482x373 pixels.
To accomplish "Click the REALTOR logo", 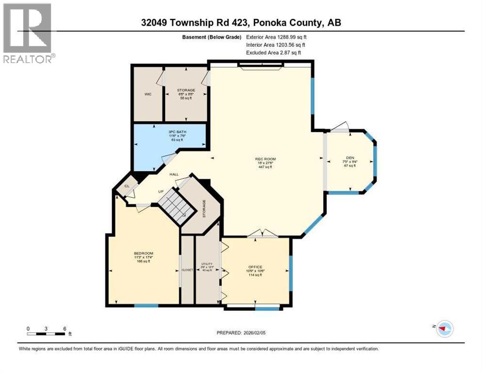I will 29,33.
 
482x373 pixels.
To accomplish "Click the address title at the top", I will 241,22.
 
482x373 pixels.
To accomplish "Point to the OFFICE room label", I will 256,267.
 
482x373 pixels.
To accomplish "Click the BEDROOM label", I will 144,254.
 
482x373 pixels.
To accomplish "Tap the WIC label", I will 148,94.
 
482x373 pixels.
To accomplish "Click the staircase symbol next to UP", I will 176,205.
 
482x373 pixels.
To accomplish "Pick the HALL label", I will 174,174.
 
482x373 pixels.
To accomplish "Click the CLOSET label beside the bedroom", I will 187,270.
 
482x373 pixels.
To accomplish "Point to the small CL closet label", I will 127,186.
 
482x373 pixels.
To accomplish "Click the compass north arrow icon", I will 444,329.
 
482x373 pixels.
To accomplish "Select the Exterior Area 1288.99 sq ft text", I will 277,37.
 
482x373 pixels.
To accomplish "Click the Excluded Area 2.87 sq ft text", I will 274,52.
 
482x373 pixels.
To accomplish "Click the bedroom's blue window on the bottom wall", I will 146,305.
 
